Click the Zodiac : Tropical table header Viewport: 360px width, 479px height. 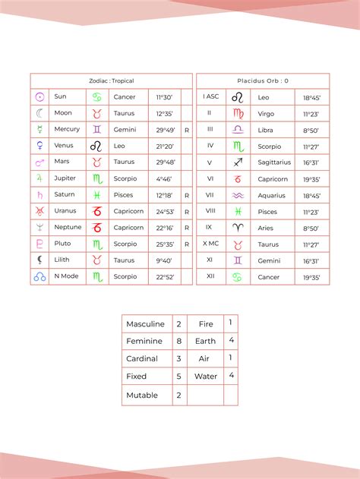pyautogui.click(x=112, y=80)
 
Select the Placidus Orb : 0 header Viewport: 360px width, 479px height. pyautogui.click(x=264, y=80)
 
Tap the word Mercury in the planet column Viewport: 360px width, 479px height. pyautogui.click(x=67, y=130)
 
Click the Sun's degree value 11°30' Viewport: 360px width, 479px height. pyautogui.click(x=164, y=97)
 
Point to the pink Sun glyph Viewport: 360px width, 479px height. pyautogui.click(x=39, y=97)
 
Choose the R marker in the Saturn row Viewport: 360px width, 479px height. pyautogui.click(x=186, y=195)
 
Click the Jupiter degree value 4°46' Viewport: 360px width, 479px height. pyautogui.click(x=164, y=178)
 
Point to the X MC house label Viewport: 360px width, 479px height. pyautogui.click(x=210, y=244)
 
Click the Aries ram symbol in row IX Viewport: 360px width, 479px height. pyautogui.click(x=238, y=228)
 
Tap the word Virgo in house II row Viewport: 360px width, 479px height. pyautogui.click(x=267, y=114)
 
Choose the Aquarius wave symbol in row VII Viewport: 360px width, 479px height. pyautogui.click(x=238, y=195)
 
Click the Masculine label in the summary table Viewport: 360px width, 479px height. pyautogui.click(x=145, y=324)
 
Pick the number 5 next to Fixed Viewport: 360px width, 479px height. pyautogui.click(x=178, y=376)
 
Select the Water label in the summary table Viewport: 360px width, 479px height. pyautogui.click(x=205, y=376)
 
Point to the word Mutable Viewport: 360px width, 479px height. pyautogui.click(x=142, y=395)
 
